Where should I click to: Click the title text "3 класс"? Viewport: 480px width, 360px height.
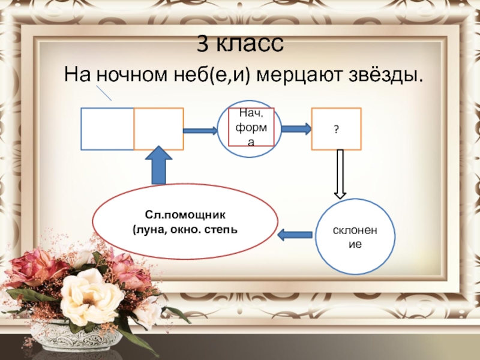coord(239,45)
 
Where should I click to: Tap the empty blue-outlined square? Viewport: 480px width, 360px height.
coord(107,128)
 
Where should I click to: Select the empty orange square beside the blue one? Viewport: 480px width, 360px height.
coord(159,128)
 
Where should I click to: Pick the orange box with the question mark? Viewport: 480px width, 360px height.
coord(336,128)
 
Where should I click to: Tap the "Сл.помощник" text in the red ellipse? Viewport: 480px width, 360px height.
coord(184,214)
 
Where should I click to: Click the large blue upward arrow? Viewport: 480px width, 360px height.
coord(159,165)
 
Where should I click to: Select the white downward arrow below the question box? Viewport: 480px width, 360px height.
coord(340,174)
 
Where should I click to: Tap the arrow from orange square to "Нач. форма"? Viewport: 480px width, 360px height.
coord(200,130)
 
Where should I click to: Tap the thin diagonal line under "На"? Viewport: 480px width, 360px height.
coord(104,92)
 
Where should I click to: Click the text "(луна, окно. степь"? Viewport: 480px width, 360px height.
coord(184,229)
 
